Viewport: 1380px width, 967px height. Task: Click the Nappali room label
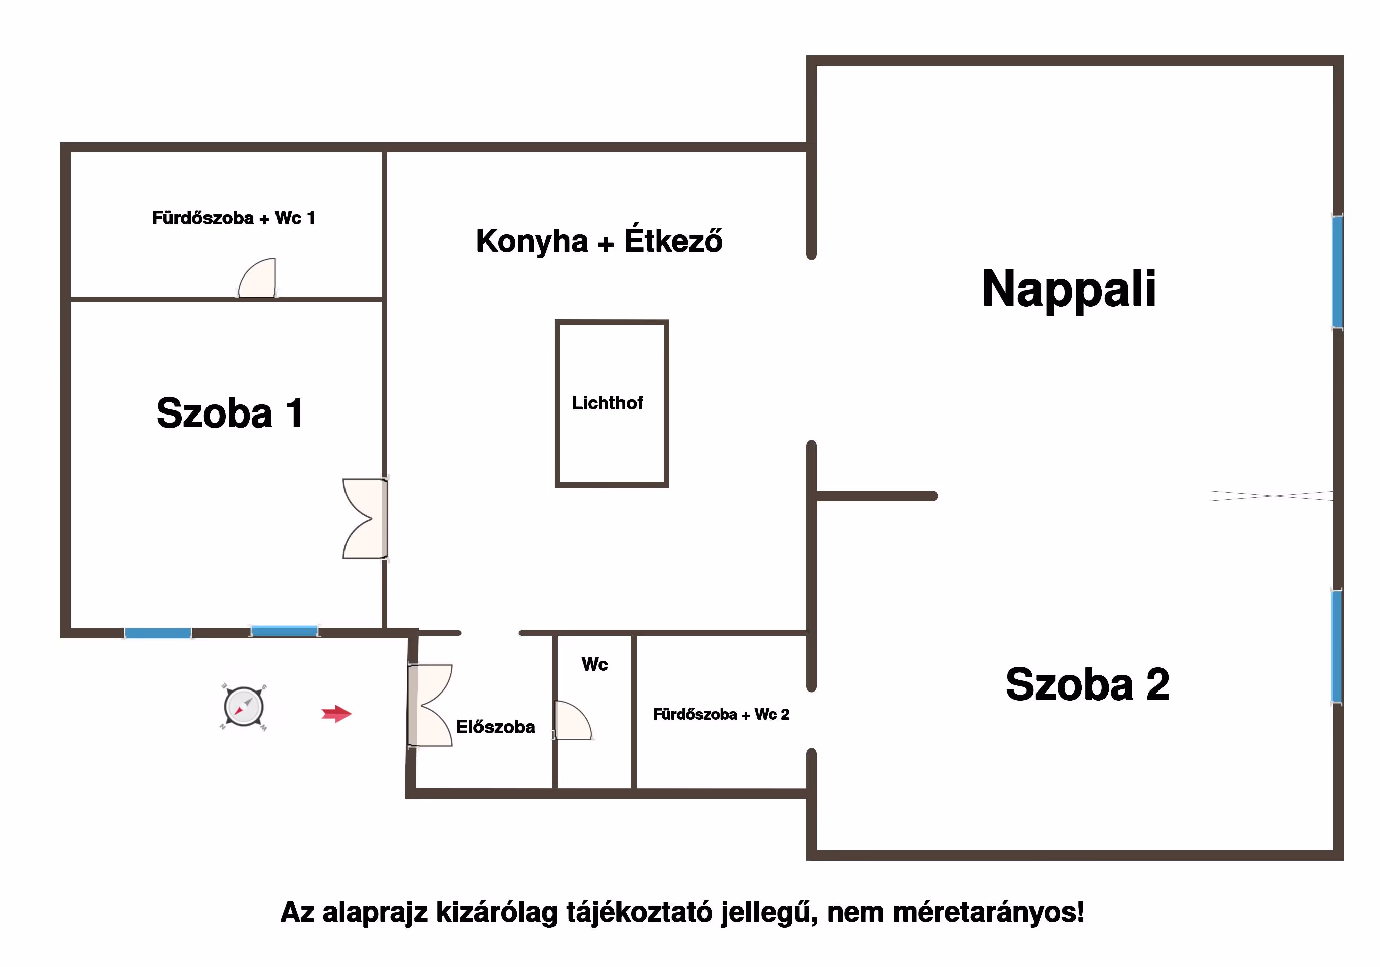(x=1068, y=289)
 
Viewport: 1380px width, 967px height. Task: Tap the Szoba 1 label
(x=230, y=413)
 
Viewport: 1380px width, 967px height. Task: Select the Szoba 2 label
(x=1087, y=684)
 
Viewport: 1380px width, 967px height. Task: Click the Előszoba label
(x=495, y=727)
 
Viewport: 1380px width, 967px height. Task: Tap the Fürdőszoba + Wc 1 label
(x=233, y=218)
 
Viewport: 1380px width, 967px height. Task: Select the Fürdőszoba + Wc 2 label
(x=721, y=714)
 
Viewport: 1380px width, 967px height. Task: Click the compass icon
(x=243, y=707)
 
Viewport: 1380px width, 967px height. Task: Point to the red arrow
(x=336, y=714)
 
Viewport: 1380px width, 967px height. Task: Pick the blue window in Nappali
(x=1337, y=271)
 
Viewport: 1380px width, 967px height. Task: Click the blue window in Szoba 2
(x=1336, y=646)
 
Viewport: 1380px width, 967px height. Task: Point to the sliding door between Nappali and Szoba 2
(x=1270, y=496)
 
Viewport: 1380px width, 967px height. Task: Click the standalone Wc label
(x=594, y=664)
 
